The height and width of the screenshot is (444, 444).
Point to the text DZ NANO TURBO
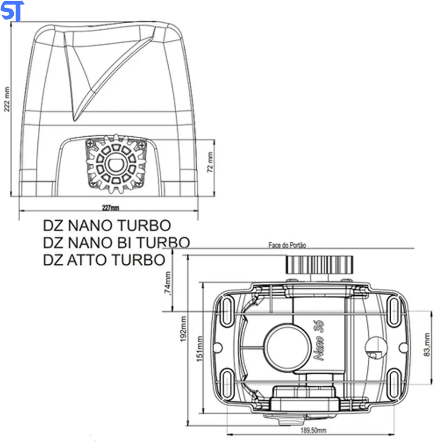[107, 226]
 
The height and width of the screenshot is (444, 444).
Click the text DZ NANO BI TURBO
[116, 242]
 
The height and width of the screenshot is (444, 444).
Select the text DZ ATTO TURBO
[104, 259]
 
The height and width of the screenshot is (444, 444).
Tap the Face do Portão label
[287, 245]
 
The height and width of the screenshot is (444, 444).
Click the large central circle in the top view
[285, 347]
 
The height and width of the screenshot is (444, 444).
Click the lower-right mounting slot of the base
[394, 382]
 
